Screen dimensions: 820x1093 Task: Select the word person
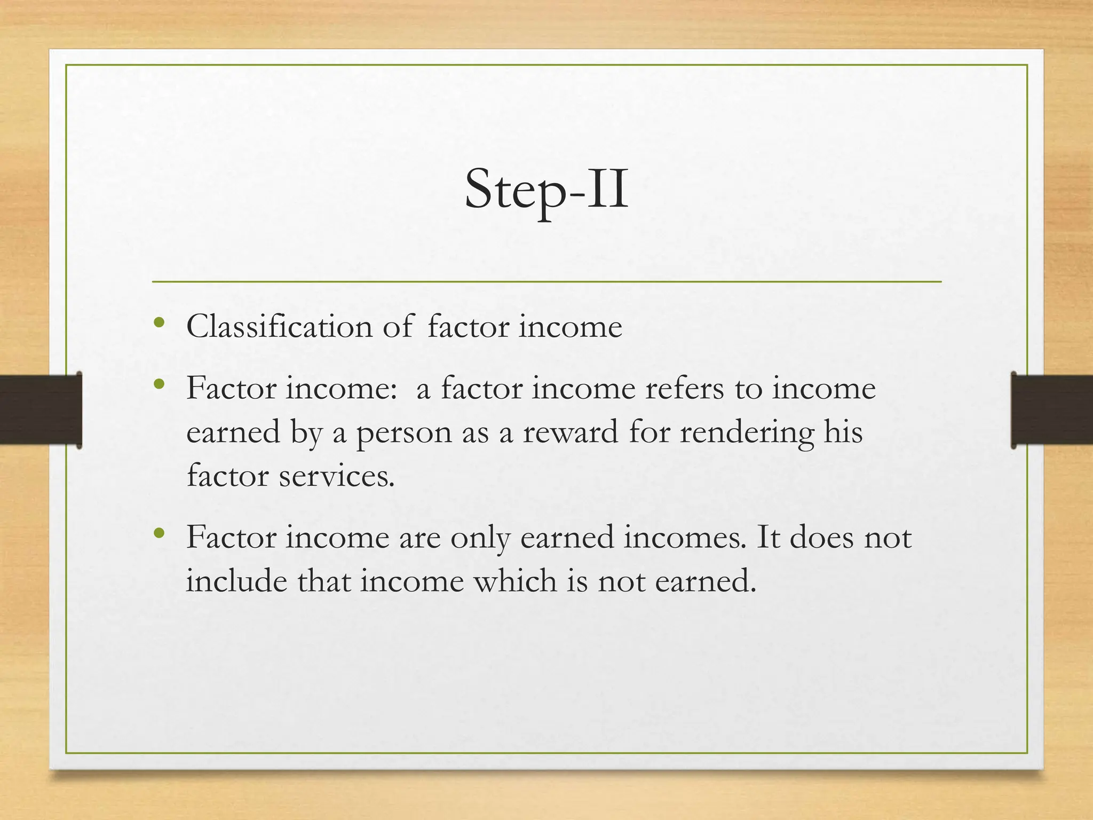(x=404, y=433)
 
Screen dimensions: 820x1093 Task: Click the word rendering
(x=747, y=433)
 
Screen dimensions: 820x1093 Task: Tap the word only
(x=480, y=538)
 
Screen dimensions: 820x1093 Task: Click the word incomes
(x=685, y=537)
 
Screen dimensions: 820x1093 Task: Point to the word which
(x=515, y=581)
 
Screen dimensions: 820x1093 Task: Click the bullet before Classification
(x=159, y=323)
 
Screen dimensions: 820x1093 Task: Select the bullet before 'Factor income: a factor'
(x=159, y=384)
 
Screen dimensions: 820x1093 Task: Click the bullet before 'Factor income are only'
(x=159, y=533)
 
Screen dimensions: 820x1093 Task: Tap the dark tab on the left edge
(x=41, y=409)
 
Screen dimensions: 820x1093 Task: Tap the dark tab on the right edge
(x=1051, y=409)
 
